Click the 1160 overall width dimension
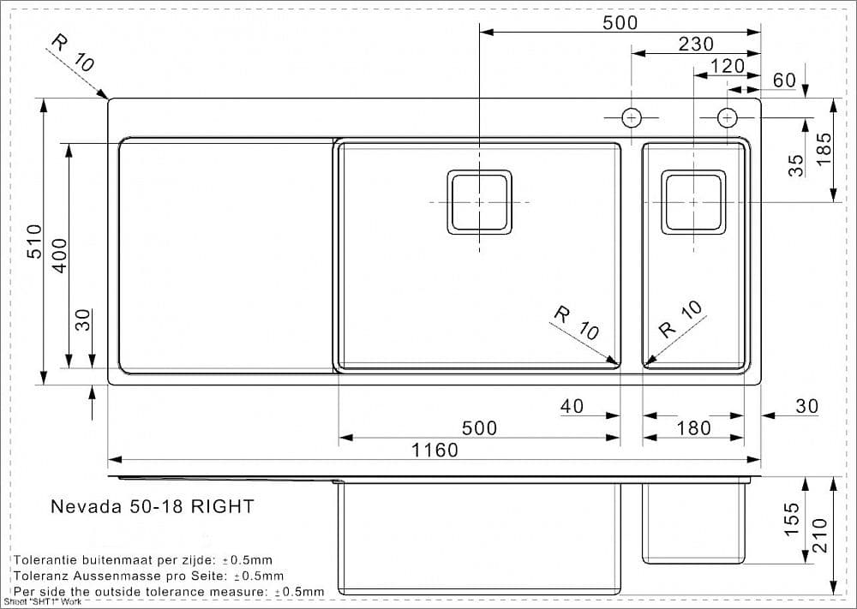(x=434, y=450)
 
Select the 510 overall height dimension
(x=34, y=242)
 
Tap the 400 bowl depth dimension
(x=59, y=255)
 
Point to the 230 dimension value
(x=696, y=44)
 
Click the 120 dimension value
(x=728, y=66)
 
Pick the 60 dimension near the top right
(x=784, y=81)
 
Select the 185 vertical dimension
(x=824, y=149)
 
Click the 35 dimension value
(x=796, y=164)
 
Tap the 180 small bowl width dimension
(x=693, y=427)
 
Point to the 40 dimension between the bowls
(x=572, y=406)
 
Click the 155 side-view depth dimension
(x=792, y=520)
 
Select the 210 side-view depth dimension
(x=820, y=535)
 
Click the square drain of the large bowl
(x=479, y=201)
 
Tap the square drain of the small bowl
(x=693, y=201)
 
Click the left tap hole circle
(x=632, y=117)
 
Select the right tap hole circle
(x=727, y=117)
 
